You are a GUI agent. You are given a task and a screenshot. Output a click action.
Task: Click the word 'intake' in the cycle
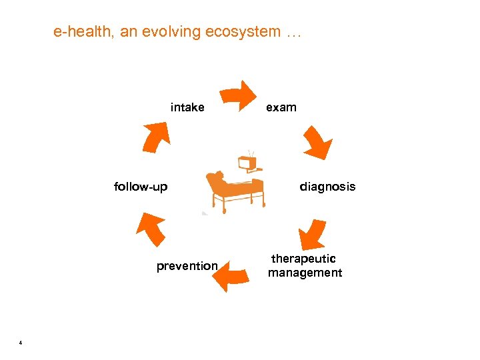187,107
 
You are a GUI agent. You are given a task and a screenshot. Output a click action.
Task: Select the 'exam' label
281,107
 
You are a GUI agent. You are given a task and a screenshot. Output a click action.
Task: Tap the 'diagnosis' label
327,187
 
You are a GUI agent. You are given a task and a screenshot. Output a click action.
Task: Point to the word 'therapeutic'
303,259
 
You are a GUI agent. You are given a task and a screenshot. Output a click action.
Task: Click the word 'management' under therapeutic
305,273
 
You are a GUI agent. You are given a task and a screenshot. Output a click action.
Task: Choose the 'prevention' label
187,266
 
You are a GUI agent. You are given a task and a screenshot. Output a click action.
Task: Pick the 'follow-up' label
141,187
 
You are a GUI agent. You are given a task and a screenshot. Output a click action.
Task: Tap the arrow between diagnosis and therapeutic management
312,235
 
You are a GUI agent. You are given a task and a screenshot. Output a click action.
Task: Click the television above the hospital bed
247,163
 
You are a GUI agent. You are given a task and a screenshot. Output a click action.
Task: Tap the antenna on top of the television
251,153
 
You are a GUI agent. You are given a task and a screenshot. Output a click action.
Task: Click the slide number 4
21,343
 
